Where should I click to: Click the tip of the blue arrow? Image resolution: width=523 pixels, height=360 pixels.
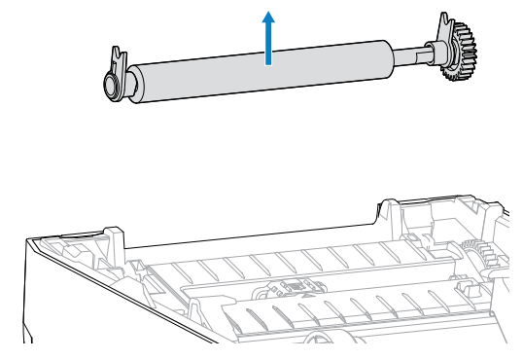[x=268, y=12]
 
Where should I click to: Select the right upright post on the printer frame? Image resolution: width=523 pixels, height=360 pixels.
[x=386, y=214]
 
